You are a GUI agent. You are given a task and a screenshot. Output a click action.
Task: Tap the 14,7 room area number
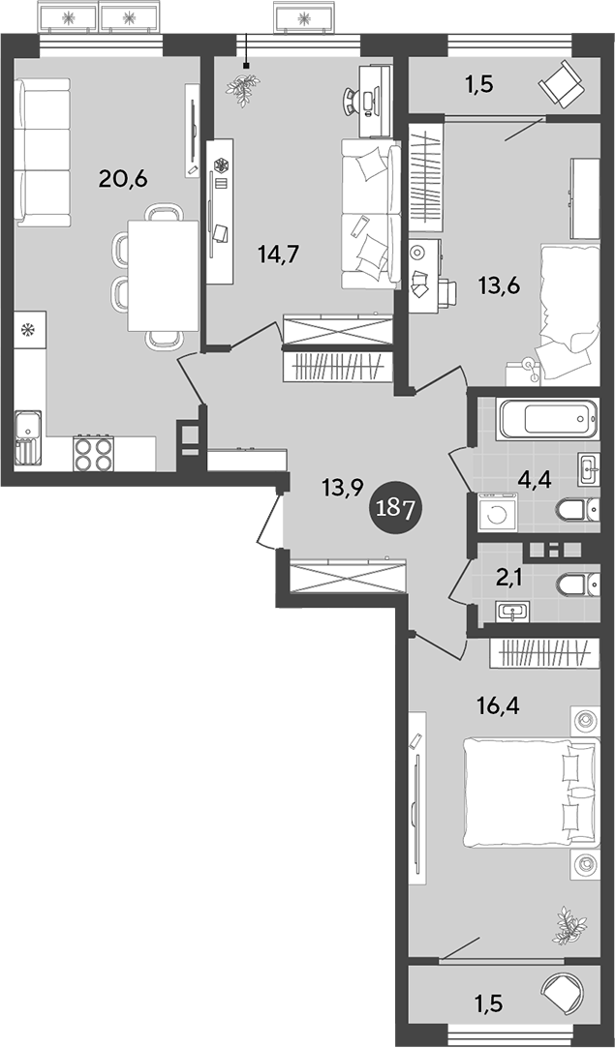tap(277, 254)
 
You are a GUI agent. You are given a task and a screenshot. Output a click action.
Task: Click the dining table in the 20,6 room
tap(163, 275)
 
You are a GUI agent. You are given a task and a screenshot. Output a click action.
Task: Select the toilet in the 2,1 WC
tap(578, 583)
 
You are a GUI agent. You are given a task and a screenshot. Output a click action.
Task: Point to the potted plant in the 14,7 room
tap(241, 85)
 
